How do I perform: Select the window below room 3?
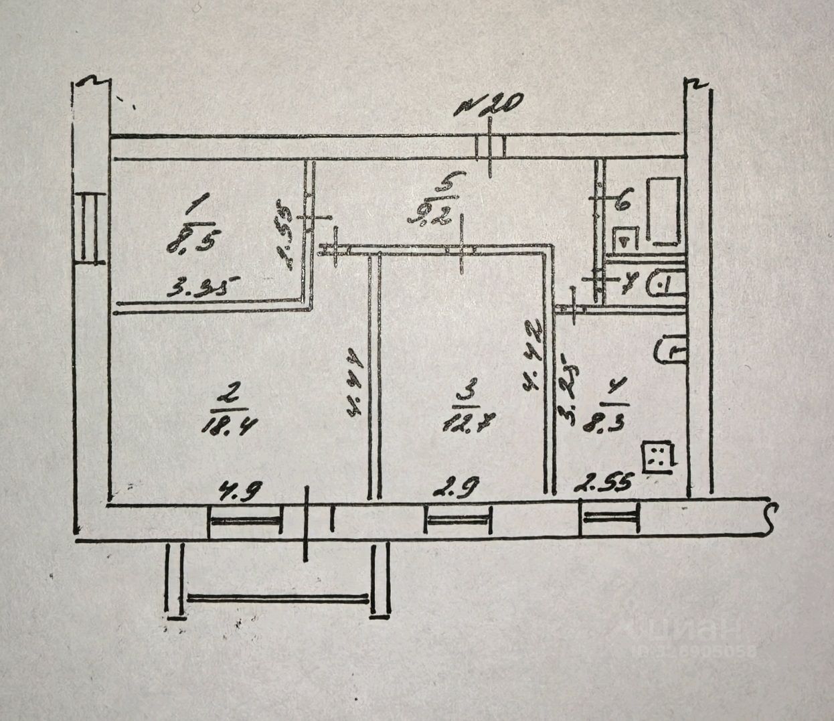(458, 519)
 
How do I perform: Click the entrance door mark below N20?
(491, 147)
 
